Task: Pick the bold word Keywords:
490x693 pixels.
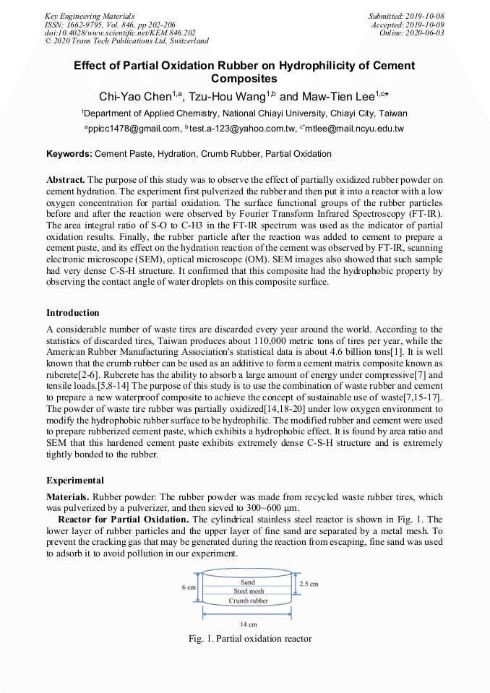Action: (69, 154)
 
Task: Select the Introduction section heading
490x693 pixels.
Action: (73, 313)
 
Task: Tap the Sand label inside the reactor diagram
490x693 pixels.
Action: (247, 582)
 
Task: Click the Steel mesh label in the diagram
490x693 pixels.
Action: (248, 591)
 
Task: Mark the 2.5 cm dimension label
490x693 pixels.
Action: (309, 582)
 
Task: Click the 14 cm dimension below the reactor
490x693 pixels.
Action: (247, 624)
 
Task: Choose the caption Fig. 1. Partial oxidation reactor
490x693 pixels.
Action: (249, 639)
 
